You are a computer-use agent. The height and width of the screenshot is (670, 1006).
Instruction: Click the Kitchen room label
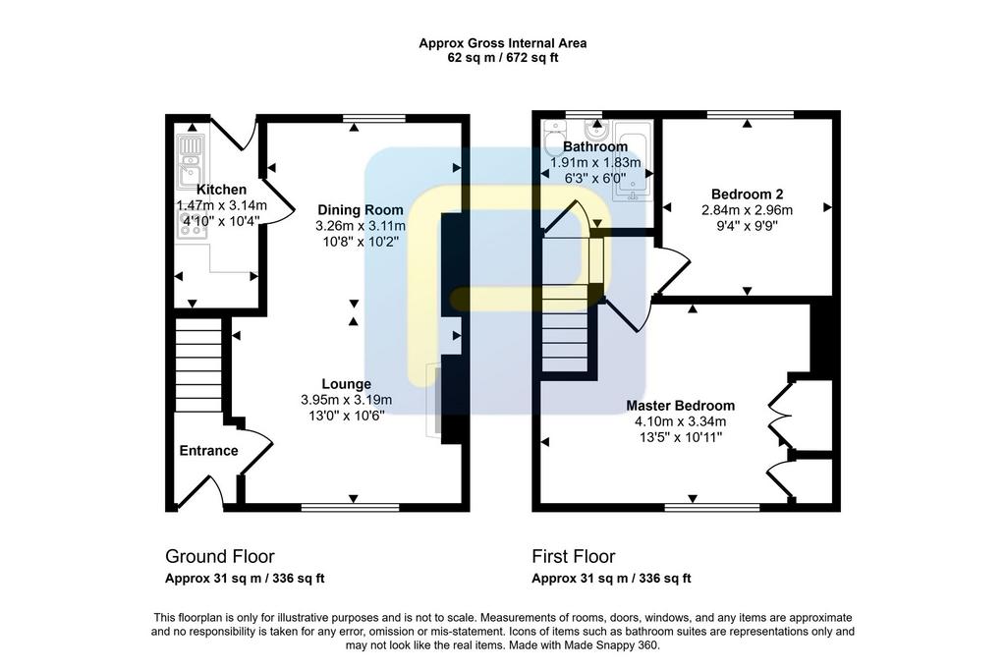pos(221,190)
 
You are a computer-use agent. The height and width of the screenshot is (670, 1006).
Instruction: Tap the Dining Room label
pos(361,210)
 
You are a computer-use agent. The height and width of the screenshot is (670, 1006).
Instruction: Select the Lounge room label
pos(347,384)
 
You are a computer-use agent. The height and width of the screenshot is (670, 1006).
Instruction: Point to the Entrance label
pos(208,451)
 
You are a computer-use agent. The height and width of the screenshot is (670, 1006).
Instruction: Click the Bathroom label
pos(595,146)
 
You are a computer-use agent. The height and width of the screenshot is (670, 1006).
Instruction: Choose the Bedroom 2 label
pos(747,194)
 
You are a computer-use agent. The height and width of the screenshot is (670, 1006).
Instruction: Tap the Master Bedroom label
pos(680,406)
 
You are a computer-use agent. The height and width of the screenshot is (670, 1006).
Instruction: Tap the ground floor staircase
pos(198,364)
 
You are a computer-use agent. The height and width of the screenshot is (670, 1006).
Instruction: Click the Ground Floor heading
pos(219,556)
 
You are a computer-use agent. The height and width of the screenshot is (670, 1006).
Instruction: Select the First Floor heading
pos(574,556)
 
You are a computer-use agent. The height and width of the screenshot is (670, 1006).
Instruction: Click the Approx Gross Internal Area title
pos(502,43)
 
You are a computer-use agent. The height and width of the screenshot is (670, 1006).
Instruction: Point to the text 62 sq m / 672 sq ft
pos(502,58)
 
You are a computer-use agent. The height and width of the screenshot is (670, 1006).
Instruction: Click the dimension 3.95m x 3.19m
pos(347,400)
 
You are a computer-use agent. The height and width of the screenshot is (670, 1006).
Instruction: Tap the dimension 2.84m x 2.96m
pos(747,210)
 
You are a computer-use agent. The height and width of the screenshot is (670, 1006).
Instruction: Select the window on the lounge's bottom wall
pos(351,507)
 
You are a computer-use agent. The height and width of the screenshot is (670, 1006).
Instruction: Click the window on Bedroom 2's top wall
pos(751,115)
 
